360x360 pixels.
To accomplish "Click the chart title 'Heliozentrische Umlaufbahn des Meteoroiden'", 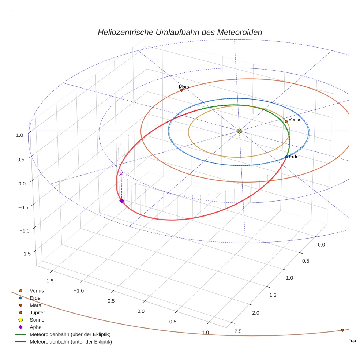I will coord(180,32).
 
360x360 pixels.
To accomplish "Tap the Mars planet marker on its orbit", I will coord(181,90).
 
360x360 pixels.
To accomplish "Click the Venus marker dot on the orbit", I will coord(286,121).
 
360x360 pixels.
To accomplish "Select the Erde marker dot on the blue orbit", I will coord(286,157).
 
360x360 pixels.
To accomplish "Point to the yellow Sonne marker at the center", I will coord(239,131).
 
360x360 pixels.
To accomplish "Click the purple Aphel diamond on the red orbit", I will coord(121,200).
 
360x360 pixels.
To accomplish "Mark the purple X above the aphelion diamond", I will coord(121,174).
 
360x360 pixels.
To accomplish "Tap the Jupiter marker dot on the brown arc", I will coord(342,330).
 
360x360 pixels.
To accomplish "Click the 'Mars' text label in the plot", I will coord(184,87).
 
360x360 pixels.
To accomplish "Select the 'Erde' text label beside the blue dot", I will coord(294,157).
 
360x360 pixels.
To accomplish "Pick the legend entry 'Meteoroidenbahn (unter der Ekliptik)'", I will coord(71,342).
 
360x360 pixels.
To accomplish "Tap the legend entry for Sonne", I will coord(37,320).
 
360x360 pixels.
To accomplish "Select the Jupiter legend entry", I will coord(37,312).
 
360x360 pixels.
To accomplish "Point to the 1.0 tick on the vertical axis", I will coord(20,135).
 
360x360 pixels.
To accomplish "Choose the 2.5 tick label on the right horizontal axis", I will coord(237,331).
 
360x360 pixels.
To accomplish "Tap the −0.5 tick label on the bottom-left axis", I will coord(109,301).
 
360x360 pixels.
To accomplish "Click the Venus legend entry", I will coord(37,290).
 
